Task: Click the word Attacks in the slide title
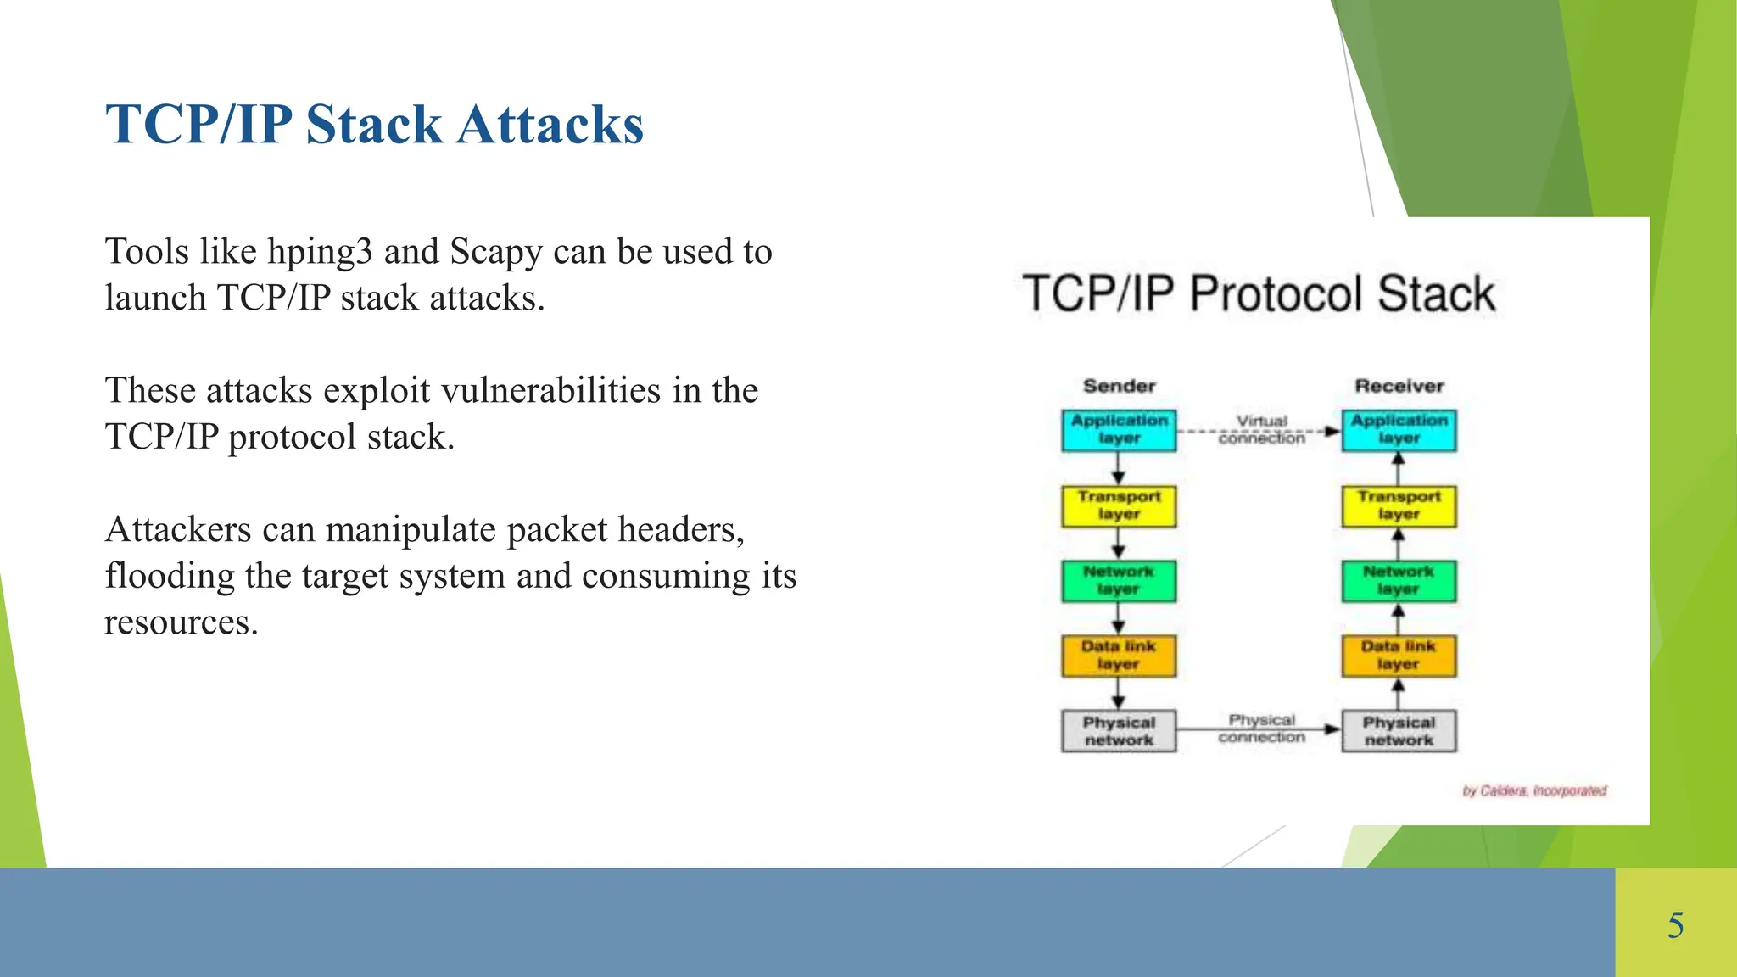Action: point(550,125)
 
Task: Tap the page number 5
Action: point(1675,924)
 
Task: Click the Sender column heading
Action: point(1119,386)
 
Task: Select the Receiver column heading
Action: point(1399,386)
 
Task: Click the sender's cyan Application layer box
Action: point(1119,430)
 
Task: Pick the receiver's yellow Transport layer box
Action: point(1399,505)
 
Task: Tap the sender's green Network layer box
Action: point(1119,581)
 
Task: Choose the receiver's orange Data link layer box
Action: point(1399,656)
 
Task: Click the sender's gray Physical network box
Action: point(1119,731)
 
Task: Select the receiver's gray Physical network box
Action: point(1399,731)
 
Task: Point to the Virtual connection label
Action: point(1261,429)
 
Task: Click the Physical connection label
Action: point(1261,728)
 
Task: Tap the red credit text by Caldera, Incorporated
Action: point(1533,790)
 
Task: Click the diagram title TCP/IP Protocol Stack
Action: point(1259,293)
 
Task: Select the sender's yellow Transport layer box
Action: point(1119,505)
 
